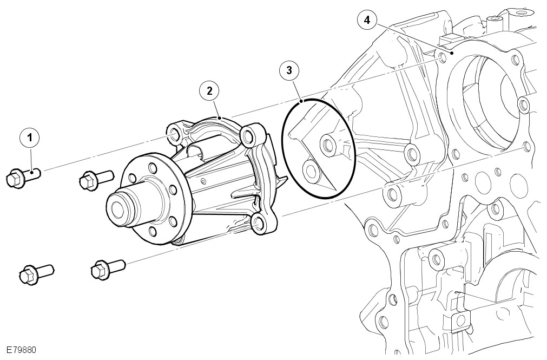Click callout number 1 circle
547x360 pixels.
point(30,138)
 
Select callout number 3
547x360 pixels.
point(289,70)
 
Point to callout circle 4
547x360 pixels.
point(367,21)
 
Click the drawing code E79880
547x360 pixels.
point(22,350)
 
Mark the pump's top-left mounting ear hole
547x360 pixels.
point(174,134)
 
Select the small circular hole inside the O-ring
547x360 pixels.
point(311,171)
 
